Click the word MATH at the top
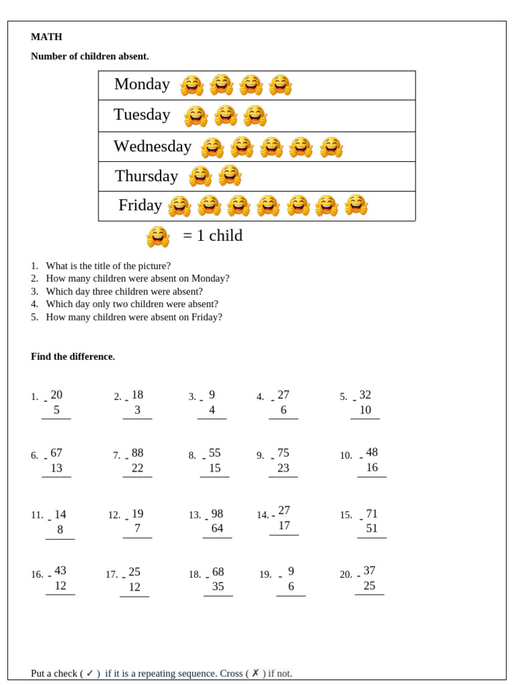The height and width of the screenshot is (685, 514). point(46,37)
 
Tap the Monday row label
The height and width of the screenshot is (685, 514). point(142,84)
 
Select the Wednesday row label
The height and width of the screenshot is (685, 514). point(152,146)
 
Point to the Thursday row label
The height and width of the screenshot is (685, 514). point(146,176)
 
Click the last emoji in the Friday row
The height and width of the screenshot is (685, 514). point(356,205)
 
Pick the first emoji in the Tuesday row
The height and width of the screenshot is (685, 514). point(195,116)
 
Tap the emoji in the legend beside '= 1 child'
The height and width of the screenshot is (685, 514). point(158,237)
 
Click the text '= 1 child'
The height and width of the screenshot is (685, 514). point(212,236)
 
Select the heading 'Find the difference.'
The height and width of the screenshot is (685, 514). point(73,357)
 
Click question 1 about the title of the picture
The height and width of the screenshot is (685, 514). point(108,266)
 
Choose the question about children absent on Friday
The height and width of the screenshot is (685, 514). point(133,317)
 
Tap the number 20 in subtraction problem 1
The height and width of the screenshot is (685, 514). point(56,395)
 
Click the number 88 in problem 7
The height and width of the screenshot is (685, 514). point(137,453)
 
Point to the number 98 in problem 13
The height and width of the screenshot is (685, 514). point(217,514)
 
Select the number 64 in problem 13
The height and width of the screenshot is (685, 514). point(217,528)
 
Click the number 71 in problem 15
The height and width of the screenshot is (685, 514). point(371,514)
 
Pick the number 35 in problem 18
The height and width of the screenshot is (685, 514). point(218,587)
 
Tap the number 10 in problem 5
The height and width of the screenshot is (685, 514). point(365,410)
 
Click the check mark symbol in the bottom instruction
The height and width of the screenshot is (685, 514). point(90,673)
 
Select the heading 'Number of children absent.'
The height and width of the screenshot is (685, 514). point(90,56)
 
